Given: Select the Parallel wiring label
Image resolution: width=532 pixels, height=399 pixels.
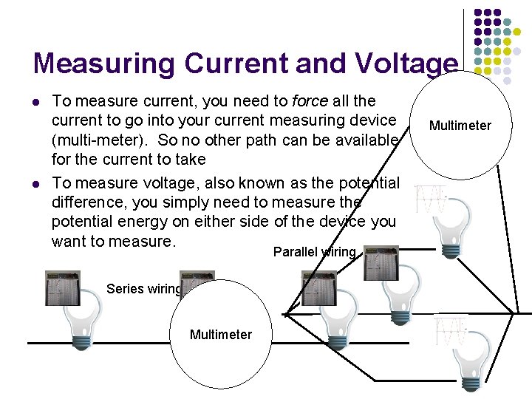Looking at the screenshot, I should pyautogui.click(x=315, y=252).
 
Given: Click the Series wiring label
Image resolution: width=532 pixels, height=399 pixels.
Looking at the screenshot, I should pyautogui.click(x=144, y=289).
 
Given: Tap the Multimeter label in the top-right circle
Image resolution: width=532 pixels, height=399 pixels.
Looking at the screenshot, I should pyautogui.click(x=460, y=126).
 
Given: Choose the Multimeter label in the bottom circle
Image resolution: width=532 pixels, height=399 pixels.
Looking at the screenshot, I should pyautogui.click(x=220, y=335).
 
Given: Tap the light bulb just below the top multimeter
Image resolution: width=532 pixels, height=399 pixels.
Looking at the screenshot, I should pyautogui.click(x=449, y=222).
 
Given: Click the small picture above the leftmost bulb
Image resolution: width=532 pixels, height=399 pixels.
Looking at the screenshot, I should pyautogui.click(x=62, y=288).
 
